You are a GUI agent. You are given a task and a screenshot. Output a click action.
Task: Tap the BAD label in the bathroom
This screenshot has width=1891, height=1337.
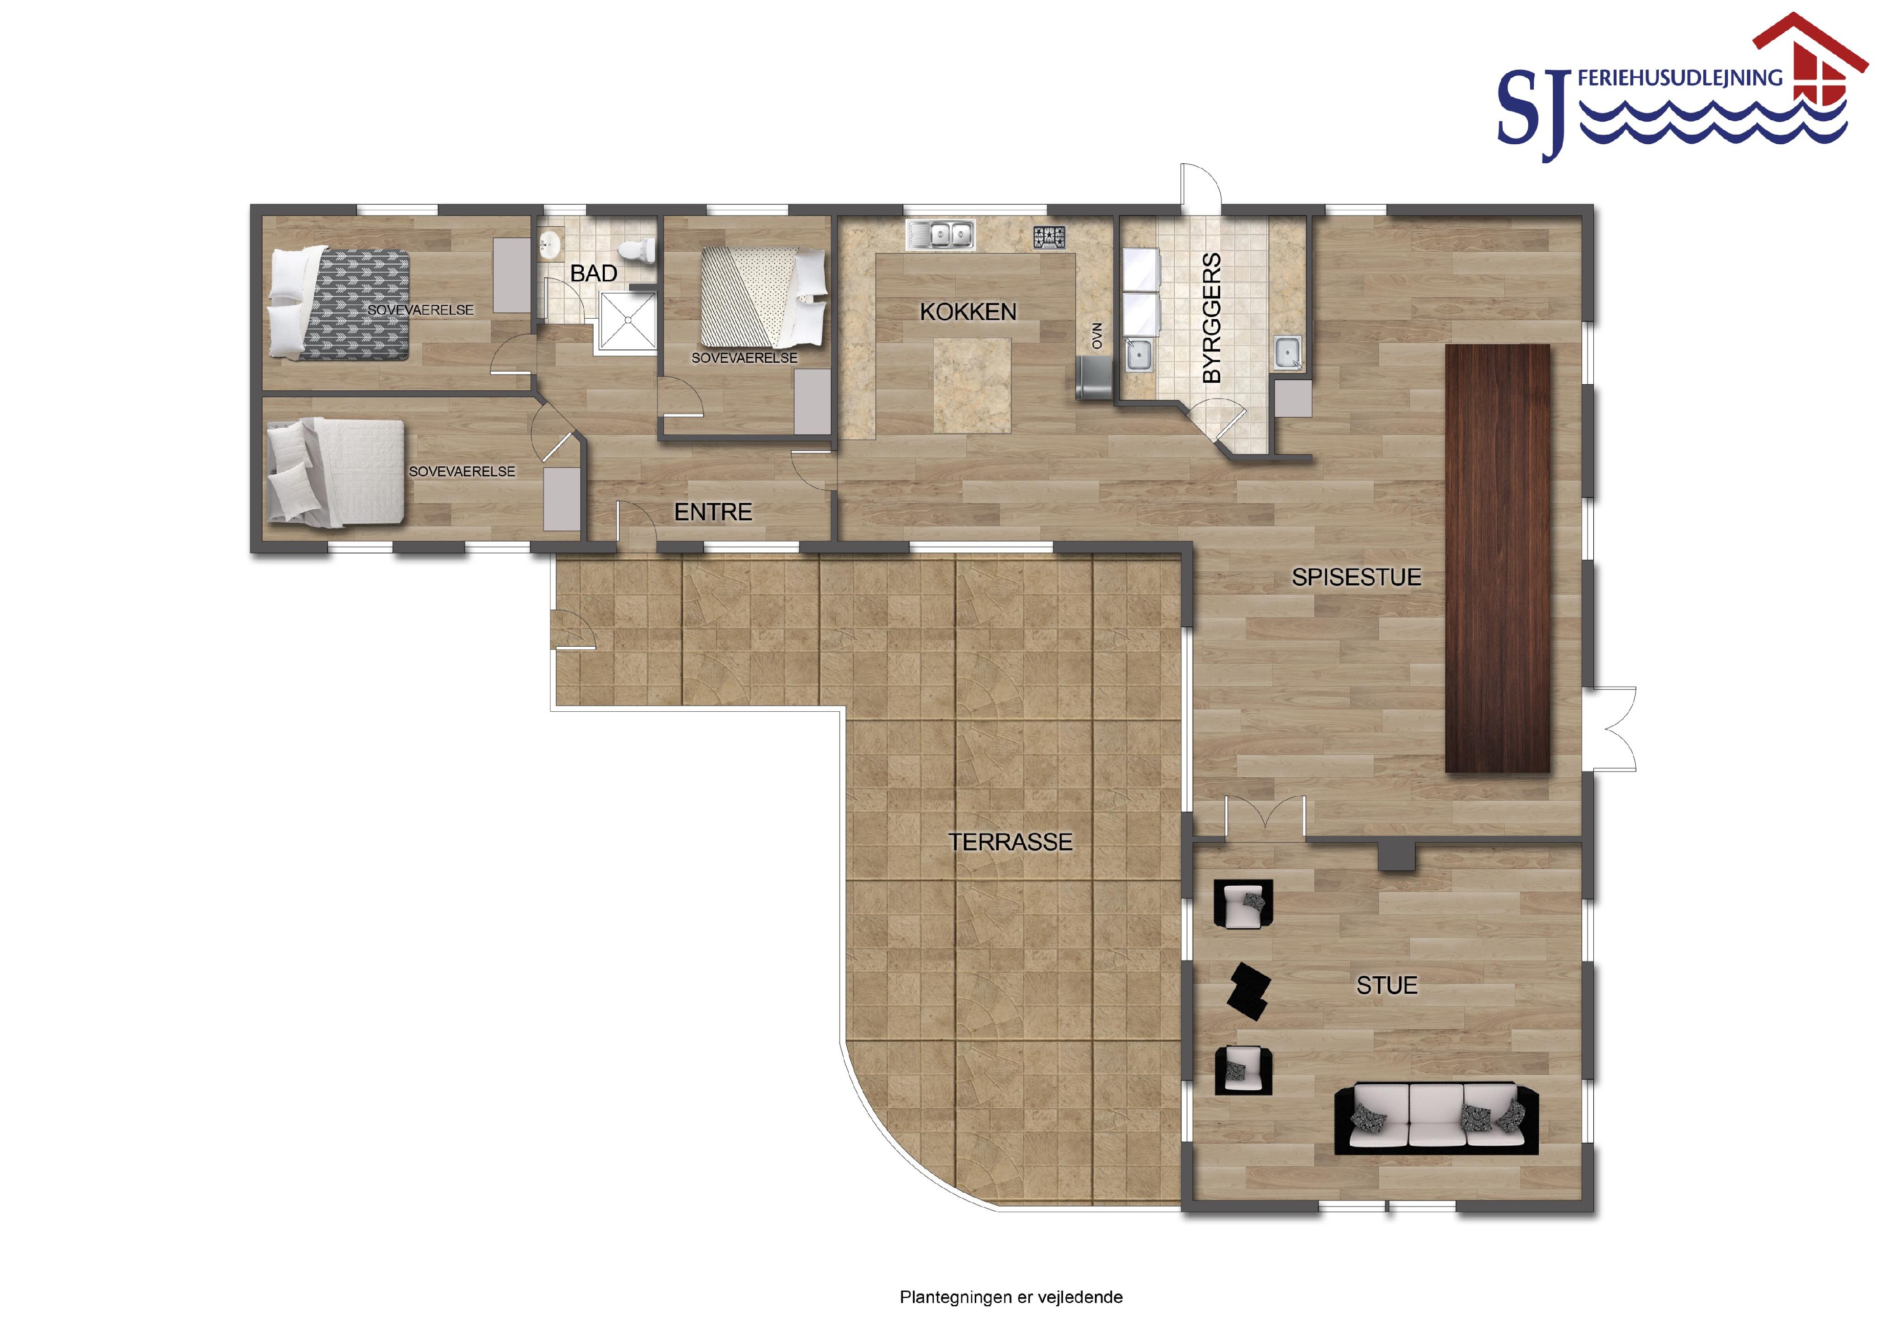tap(594, 274)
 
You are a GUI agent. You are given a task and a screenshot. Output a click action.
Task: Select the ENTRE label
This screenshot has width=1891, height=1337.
tap(713, 512)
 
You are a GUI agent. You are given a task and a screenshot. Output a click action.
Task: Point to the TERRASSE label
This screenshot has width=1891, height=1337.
tap(1010, 842)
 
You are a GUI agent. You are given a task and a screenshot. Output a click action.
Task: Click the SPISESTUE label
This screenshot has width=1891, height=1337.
tap(1356, 578)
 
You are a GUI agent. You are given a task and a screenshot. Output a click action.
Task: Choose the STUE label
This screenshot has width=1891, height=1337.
tap(1387, 985)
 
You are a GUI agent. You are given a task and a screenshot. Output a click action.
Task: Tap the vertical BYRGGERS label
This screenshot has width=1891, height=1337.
tap(1212, 318)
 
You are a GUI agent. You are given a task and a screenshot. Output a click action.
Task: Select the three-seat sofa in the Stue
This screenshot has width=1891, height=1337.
tap(1436, 1118)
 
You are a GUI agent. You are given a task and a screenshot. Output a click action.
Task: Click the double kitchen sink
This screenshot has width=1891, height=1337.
tap(940, 235)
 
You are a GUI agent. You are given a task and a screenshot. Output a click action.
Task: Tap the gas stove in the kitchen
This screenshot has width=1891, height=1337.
tap(1050, 237)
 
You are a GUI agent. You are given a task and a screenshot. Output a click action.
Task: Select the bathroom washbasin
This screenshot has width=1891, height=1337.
tap(549, 243)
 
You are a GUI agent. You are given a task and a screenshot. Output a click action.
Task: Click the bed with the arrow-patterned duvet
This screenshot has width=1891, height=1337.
tap(340, 303)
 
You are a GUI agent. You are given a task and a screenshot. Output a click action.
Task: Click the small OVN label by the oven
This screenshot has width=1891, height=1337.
tap(1097, 335)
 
